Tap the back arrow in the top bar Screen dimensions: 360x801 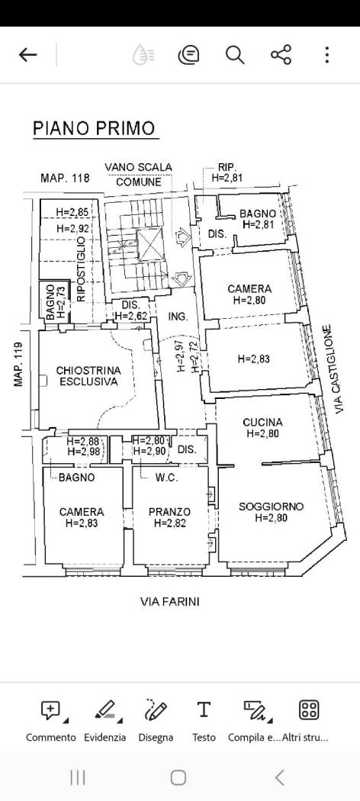(28, 55)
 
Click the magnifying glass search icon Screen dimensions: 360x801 (235, 55)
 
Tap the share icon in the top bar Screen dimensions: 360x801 (281, 55)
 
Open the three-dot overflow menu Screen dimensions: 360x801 (326, 55)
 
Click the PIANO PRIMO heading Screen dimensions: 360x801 (94, 128)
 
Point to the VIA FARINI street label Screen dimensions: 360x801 (169, 602)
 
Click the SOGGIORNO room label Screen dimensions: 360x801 (272, 507)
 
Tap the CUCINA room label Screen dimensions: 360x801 (262, 423)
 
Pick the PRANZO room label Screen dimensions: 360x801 (169, 511)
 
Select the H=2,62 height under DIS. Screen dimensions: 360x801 (131, 316)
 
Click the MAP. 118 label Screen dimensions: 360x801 (65, 178)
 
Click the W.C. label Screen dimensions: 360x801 (166, 478)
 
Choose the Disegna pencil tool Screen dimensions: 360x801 (156, 710)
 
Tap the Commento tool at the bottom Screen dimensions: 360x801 (50, 710)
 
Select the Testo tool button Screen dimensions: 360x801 (204, 709)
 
